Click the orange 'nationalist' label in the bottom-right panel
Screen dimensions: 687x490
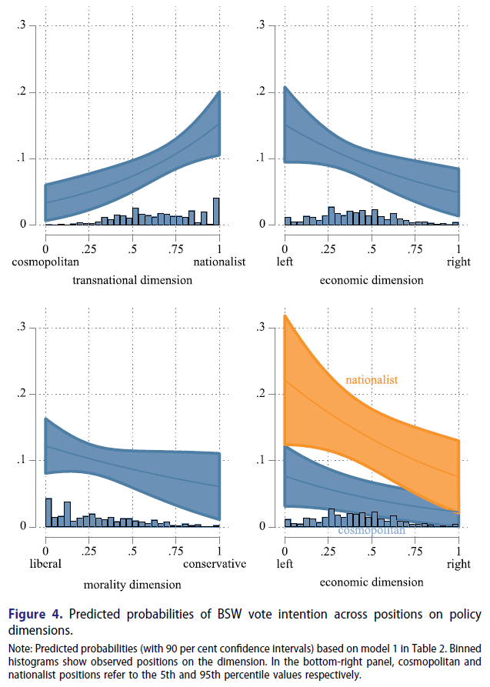point(371,380)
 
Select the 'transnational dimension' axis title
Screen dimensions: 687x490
point(132,280)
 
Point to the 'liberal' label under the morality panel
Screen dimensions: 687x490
point(45,564)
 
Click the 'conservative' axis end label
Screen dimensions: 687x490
point(215,564)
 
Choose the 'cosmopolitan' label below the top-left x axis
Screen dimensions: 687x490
point(45,262)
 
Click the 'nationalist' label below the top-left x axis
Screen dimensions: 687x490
point(219,262)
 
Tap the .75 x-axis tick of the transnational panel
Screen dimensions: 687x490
point(176,248)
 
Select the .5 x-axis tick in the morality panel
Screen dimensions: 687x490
point(132,551)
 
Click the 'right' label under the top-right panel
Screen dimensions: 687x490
point(458,262)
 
